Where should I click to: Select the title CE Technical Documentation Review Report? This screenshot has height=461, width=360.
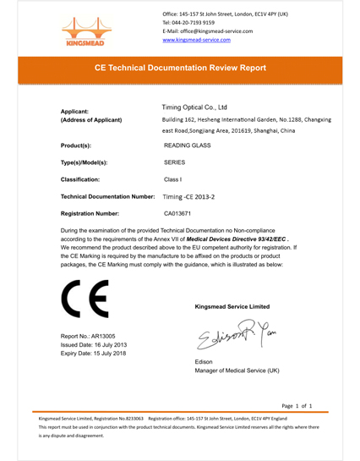coord(180,68)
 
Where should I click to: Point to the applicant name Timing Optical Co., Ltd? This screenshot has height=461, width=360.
coord(195,107)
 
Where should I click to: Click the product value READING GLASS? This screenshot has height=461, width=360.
coord(187,145)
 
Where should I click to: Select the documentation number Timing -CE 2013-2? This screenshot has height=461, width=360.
coord(188,196)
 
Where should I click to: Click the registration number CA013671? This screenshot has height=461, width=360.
coord(178,214)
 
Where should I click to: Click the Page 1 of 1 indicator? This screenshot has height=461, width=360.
coord(297,406)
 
